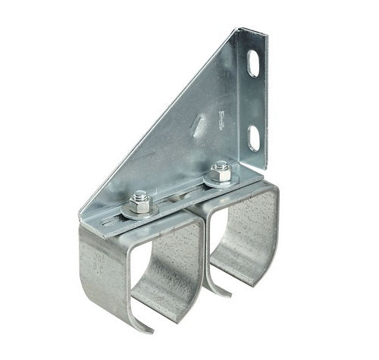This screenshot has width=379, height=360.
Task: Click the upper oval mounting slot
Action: [x=253, y=64]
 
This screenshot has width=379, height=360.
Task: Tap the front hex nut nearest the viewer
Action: [x=139, y=200]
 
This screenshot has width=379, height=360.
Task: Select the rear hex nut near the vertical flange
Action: [x=221, y=168]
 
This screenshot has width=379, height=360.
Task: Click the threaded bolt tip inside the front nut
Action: [x=139, y=196]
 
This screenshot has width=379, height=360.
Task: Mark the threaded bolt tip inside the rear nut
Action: [x=221, y=164]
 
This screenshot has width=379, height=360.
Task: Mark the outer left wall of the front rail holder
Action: [x=99, y=280]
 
